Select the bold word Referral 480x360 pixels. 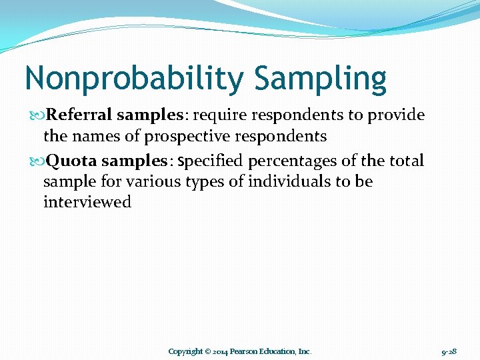(80, 115)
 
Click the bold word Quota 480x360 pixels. (71, 161)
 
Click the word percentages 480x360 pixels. (289, 161)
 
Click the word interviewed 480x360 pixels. (87, 202)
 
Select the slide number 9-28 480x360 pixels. (449, 351)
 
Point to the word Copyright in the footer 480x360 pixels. (185, 351)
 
